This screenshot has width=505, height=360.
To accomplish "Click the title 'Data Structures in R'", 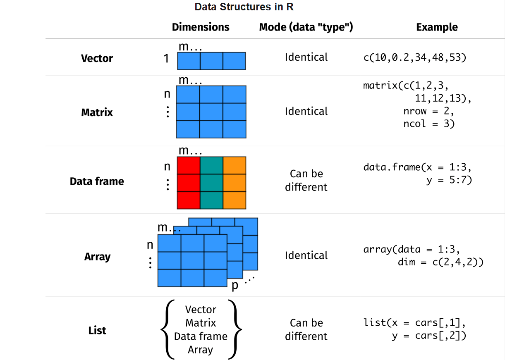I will (244, 7).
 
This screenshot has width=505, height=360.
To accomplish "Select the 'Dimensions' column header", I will (201, 27).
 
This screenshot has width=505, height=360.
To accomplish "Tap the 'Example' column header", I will (437, 27).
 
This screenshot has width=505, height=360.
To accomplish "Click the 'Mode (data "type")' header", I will (306, 27).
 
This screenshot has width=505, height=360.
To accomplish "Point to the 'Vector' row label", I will (97, 58).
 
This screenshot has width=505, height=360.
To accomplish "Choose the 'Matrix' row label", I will (97, 112).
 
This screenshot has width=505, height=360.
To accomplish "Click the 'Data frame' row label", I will (97, 181).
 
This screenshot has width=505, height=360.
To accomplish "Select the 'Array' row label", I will (97, 257).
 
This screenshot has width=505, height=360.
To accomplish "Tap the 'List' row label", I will (97, 330).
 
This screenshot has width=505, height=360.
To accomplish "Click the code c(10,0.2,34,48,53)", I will (415, 58).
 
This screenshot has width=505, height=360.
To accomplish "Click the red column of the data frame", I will (188, 183).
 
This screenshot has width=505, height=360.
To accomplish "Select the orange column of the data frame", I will (235, 183).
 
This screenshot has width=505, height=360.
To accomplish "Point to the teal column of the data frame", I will (211, 183).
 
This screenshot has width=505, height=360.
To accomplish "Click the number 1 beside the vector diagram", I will (166, 59).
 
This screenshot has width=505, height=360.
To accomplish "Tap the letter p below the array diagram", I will (235, 286).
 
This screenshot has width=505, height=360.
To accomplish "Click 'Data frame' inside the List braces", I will (201, 336).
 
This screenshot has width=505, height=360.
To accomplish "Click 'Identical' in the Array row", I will (306, 255).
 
